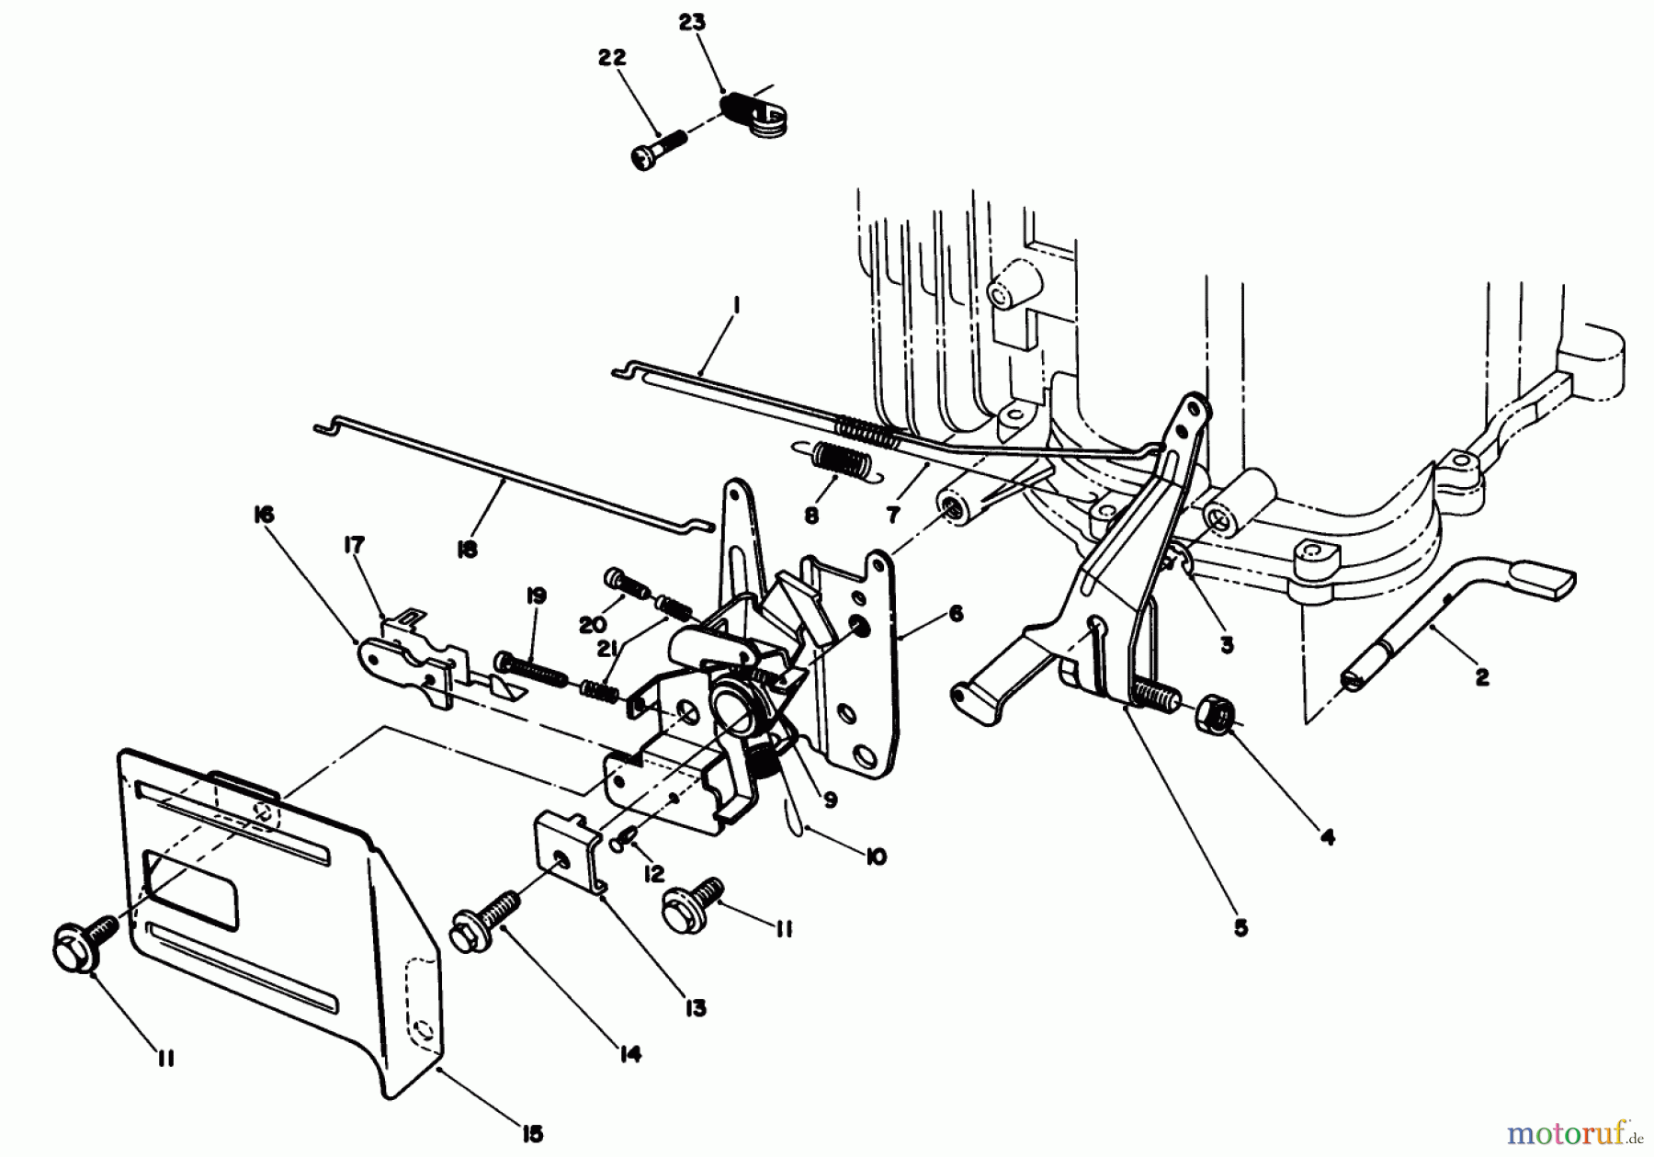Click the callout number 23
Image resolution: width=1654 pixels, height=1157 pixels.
pyautogui.click(x=692, y=23)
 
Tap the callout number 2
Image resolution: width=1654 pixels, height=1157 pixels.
pyautogui.click(x=1480, y=677)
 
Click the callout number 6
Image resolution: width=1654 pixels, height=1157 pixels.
pyautogui.click(x=957, y=612)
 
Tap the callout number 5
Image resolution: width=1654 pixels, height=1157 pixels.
pyautogui.click(x=1240, y=928)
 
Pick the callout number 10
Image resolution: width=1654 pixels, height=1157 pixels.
pyautogui.click(x=876, y=857)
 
